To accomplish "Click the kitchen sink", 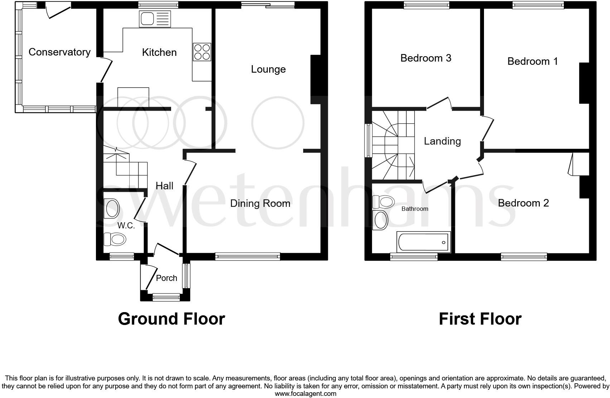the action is (155, 19).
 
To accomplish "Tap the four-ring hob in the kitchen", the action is (202, 52).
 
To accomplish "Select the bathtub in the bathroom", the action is (423, 242).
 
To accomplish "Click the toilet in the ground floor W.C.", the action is (115, 239).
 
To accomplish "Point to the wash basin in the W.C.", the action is (112, 209).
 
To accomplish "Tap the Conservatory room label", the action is (59, 52).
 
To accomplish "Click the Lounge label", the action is (268, 69).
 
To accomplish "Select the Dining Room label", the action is (260, 203).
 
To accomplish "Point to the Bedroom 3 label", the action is (426, 58).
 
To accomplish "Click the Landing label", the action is (442, 141).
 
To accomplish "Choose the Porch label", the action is (166, 278).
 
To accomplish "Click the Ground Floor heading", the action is (171, 319).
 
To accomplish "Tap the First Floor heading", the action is (480, 319).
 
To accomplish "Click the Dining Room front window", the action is (247, 256).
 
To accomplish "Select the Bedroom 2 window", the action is (524, 257).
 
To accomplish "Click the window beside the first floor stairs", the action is (368, 140).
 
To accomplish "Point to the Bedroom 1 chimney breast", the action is (584, 83).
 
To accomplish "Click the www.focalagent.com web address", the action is (305, 394).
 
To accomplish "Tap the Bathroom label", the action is (415, 209).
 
